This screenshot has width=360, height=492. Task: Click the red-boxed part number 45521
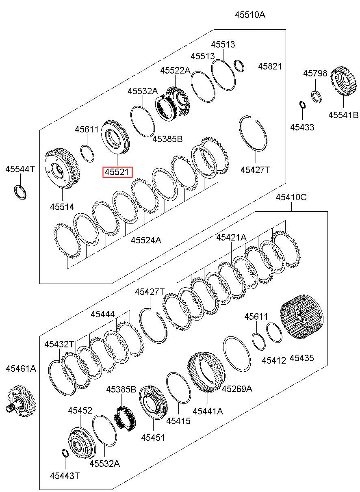[117, 172]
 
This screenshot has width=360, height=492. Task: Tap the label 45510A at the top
[250, 15]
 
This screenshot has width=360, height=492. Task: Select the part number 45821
[270, 66]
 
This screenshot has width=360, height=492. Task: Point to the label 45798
[315, 73]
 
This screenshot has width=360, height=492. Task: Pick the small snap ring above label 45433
[302, 104]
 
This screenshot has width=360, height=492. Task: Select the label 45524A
[146, 240]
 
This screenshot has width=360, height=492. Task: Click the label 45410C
[291, 197]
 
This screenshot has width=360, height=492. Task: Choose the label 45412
[274, 360]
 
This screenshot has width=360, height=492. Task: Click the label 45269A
[237, 389]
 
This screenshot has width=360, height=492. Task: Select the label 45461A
[21, 368]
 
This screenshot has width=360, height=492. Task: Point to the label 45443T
[65, 475]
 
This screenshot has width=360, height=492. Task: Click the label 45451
[153, 437]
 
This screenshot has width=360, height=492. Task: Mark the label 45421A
[231, 237]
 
